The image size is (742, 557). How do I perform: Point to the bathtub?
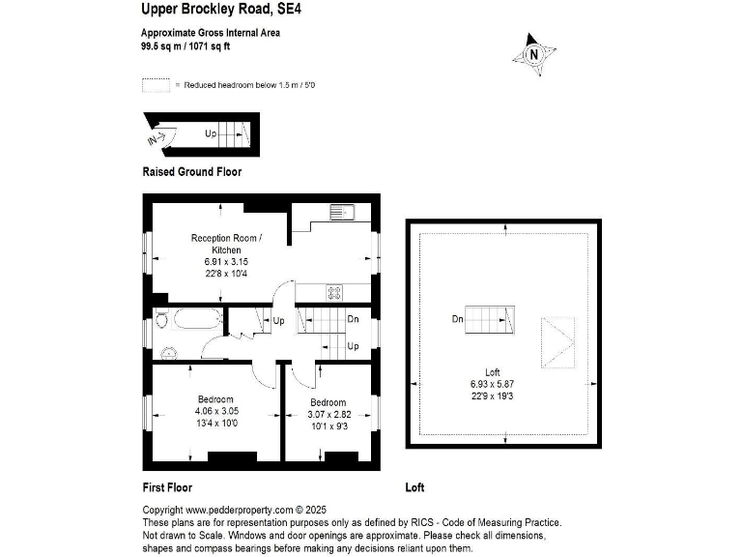198,318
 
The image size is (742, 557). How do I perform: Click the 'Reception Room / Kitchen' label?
226,244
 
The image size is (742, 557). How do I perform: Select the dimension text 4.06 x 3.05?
215,411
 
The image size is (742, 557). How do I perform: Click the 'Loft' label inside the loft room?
494,372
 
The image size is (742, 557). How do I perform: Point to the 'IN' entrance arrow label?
155,139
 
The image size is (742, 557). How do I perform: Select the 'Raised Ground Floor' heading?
191,172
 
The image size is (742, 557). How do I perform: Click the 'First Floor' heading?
167,487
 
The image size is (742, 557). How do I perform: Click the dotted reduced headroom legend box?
156,85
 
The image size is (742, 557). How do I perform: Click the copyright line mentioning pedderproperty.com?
237,510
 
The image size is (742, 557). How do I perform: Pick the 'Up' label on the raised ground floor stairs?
210,133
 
